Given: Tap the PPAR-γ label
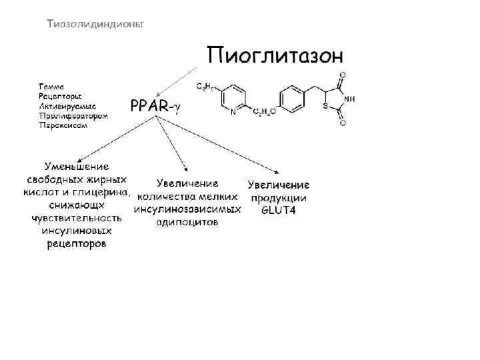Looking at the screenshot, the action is click(x=155, y=105).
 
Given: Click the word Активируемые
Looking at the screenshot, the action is click(x=67, y=106).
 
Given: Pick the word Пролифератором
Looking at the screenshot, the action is click(x=73, y=115).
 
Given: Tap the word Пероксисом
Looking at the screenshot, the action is click(x=63, y=125).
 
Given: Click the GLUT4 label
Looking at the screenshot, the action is click(x=279, y=211).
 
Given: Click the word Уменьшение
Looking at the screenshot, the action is click(x=77, y=167).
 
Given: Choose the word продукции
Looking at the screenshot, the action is click(x=279, y=198).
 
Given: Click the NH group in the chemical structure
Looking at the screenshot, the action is click(x=349, y=98).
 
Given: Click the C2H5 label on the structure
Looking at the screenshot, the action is click(x=205, y=87).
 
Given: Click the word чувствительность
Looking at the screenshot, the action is click(x=77, y=218).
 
